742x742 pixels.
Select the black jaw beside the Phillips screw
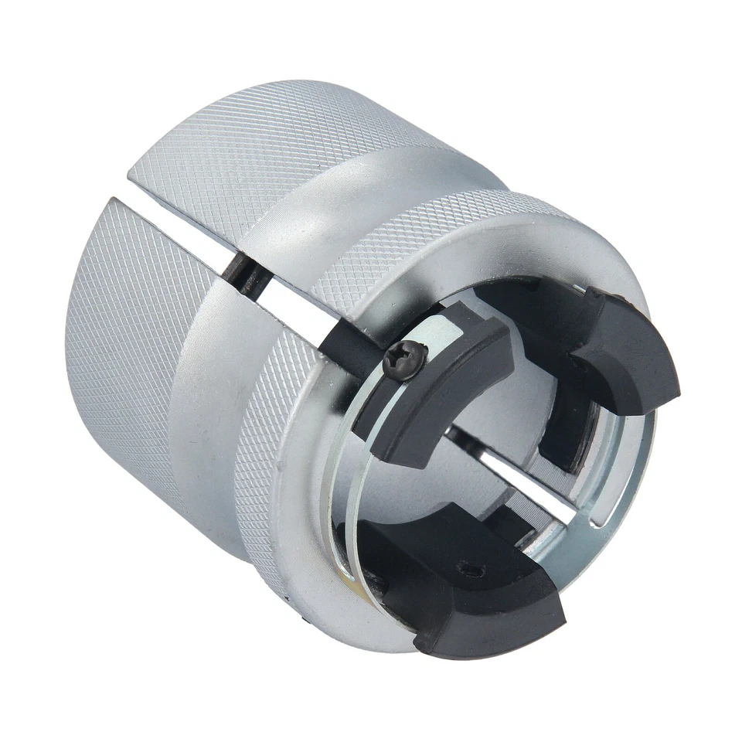(441, 386)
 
